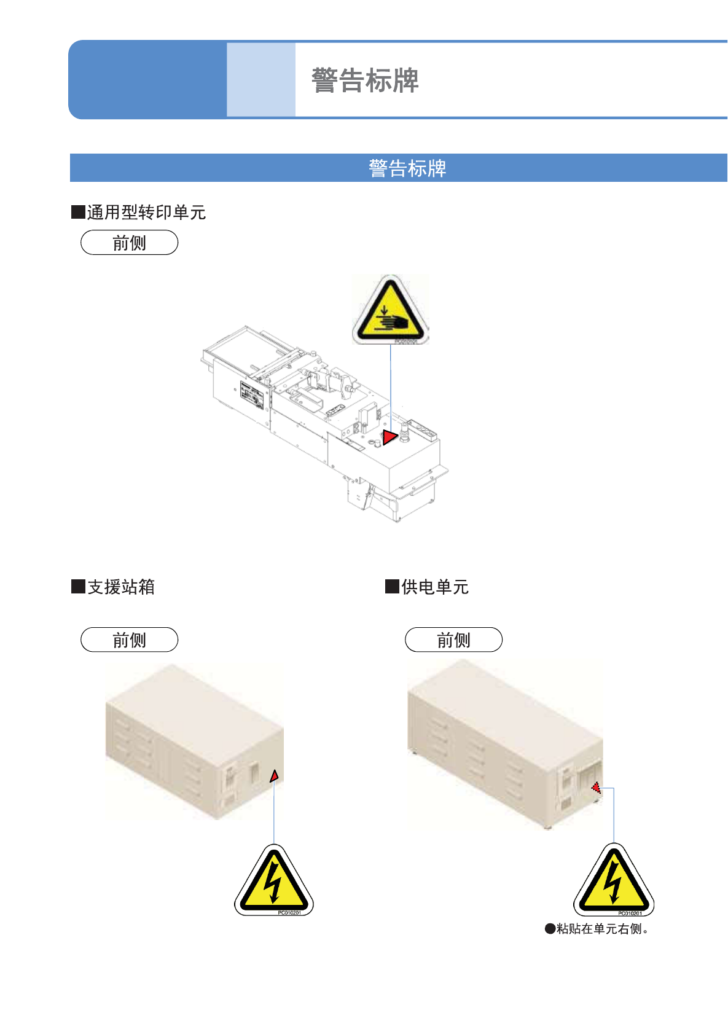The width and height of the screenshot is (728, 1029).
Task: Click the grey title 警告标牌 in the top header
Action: click(x=365, y=80)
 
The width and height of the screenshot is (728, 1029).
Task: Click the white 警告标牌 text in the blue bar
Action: click(x=407, y=168)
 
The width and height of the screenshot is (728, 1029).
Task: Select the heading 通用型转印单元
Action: click(x=146, y=213)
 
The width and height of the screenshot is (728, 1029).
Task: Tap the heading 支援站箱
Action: click(x=121, y=587)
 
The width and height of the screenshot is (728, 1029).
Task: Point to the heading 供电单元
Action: click(x=435, y=587)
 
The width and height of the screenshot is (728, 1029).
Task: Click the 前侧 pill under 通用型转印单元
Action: click(x=129, y=243)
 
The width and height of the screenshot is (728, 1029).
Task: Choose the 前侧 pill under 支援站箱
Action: click(x=129, y=640)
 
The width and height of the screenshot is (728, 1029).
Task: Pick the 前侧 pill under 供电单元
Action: click(x=453, y=640)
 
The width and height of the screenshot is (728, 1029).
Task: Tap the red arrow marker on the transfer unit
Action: click(x=389, y=437)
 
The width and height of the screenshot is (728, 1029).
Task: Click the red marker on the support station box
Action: click(x=275, y=777)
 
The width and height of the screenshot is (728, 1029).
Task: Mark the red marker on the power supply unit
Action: click(x=595, y=787)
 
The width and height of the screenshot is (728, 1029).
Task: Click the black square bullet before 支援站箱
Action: click(x=78, y=587)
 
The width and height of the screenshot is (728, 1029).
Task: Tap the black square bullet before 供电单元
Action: click(x=392, y=587)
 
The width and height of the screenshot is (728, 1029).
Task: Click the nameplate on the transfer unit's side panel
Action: click(x=251, y=396)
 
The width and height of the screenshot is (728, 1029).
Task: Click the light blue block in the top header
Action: click(x=261, y=80)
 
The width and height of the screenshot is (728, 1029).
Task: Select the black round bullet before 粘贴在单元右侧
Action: click(x=550, y=929)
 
